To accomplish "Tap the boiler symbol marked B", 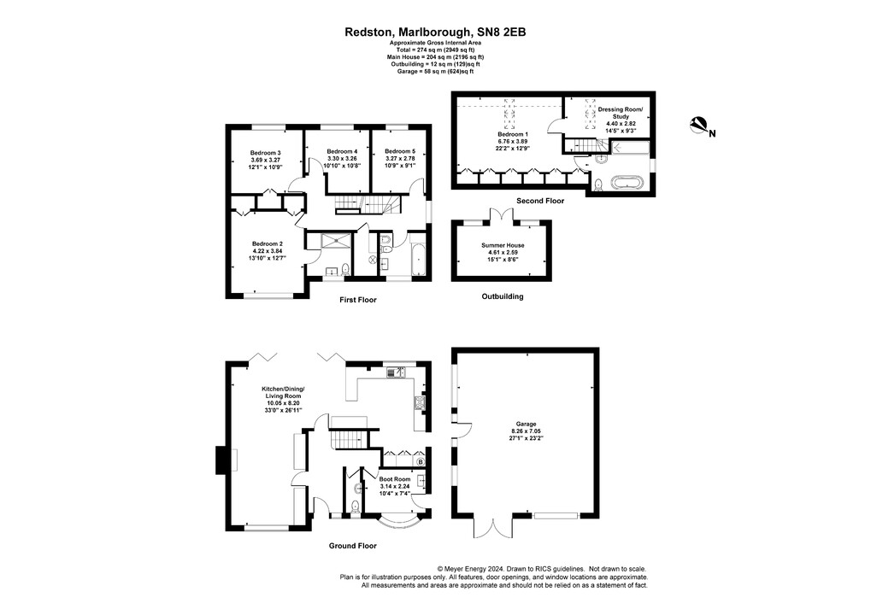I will pos(420,462).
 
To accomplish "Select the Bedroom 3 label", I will pos(266,153).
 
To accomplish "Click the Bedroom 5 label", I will pos(399,150).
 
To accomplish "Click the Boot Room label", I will pos(395,479).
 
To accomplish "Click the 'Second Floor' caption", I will pos(540,202).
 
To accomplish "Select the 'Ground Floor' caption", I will pos(352,545).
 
